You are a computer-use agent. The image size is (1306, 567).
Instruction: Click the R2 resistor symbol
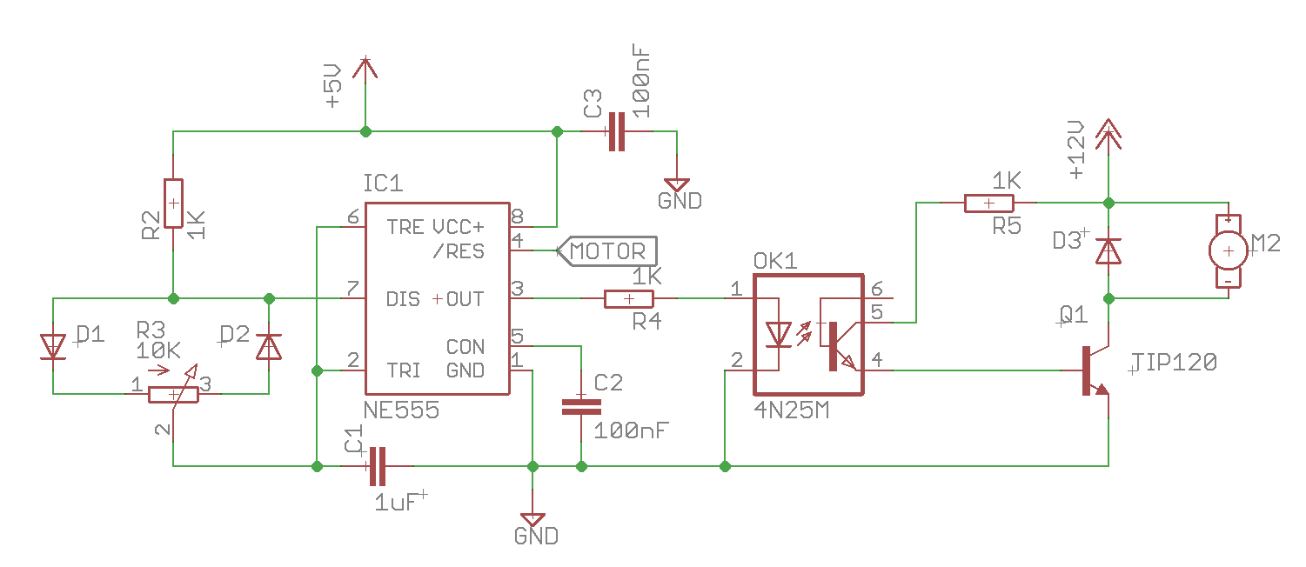point(173,203)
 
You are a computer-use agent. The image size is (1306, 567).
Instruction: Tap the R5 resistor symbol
point(989,203)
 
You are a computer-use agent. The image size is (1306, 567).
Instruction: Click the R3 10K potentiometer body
point(173,395)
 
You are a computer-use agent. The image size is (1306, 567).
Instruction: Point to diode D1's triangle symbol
point(54,347)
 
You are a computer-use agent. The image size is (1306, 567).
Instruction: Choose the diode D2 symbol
point(268,347)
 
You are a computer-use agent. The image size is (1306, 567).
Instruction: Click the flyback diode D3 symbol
point(1108,251)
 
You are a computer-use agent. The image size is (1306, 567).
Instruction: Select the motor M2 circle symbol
point(1228,251)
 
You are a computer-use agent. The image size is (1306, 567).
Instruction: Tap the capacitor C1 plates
point(377,466)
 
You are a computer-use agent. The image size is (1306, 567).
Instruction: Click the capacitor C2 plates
point(581,405)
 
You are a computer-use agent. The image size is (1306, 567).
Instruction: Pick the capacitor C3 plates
point(616,132)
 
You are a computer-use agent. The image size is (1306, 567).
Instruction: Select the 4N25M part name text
point(791,410)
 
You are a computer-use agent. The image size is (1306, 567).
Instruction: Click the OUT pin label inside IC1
point(465,300)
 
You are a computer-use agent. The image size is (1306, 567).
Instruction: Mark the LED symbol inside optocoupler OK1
point(777,334)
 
